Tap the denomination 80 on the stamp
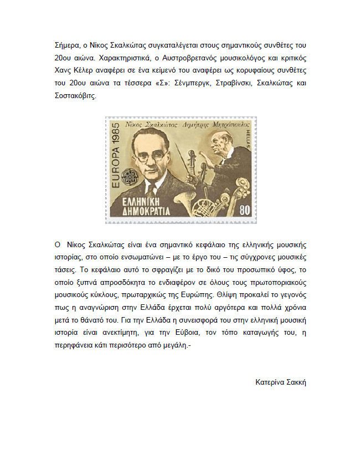coord(244,211)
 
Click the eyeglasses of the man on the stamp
coord(146,156)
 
